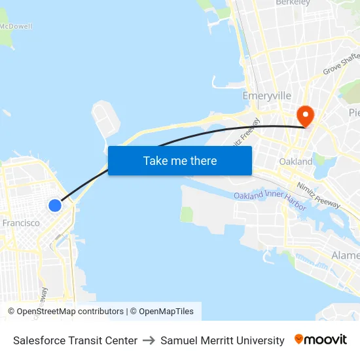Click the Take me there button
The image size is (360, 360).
coord(180,160)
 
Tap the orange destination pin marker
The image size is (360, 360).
coord(305,116)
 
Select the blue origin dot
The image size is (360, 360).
coord(55,206)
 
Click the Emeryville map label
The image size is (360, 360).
coord(266,96)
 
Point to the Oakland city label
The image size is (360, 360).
coord(296,161)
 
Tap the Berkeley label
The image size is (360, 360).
coord(293,3)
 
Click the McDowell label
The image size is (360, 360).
coord(16,26)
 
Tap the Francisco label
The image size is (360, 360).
coord(21,223)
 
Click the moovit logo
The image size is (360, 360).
coord(321,340)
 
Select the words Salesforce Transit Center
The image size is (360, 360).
coord(75,340)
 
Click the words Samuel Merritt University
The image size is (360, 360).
coord(223,340)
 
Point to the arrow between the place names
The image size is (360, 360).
coord(149,340)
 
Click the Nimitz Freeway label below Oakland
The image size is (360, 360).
coord(319,194)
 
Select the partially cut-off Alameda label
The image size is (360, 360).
coord(346,255)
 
